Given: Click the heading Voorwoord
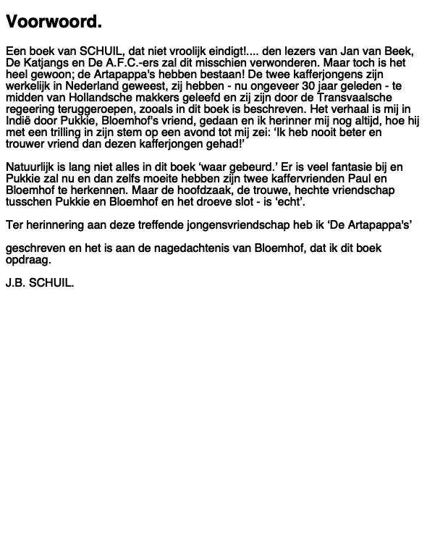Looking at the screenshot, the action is [x=54, y=22].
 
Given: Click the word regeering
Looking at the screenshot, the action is [x=30, y=109].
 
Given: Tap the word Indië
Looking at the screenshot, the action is [x=19, y=121].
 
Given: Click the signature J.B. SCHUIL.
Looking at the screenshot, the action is [x=40, y=283].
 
